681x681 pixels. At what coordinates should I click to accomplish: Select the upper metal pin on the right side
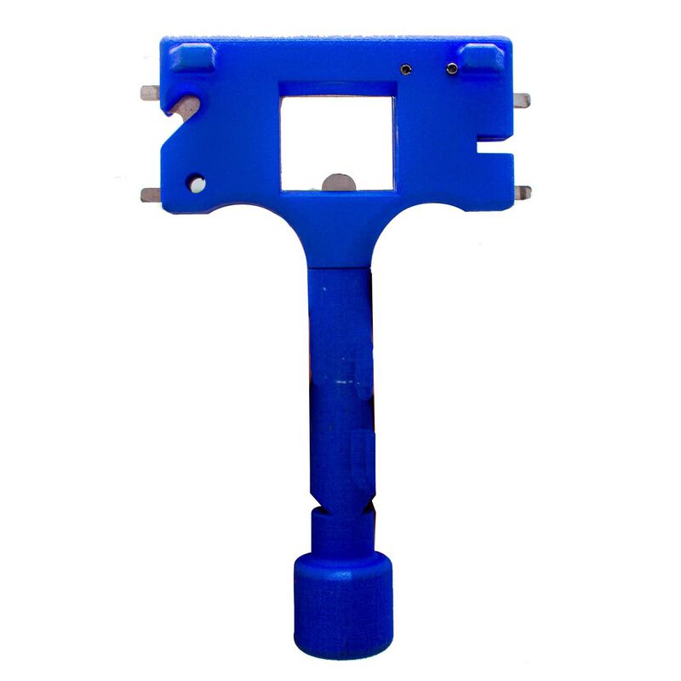tap(521, 100)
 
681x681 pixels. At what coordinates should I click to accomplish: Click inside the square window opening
tap(338, 136)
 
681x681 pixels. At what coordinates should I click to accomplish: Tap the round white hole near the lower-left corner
tap(197, 182)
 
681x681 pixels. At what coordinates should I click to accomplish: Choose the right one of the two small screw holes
tap(452, 67)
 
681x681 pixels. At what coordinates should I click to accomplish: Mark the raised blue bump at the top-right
tap(482, 57)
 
